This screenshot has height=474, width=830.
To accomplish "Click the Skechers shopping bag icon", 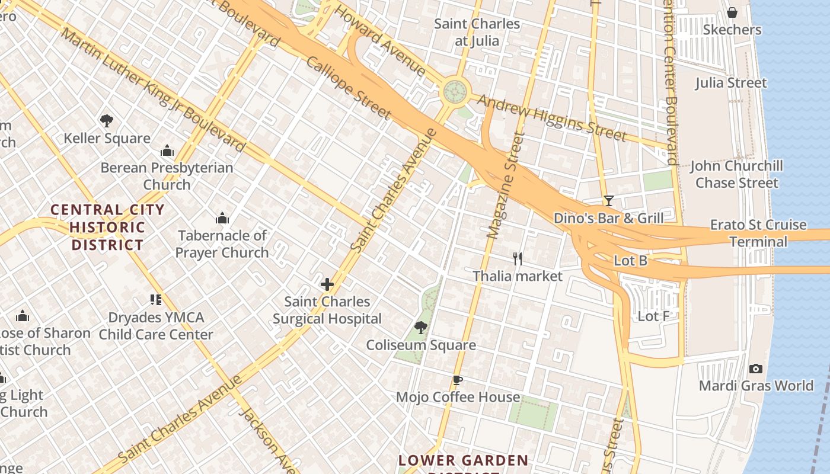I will click(732, 12).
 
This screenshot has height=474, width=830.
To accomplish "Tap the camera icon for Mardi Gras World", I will click(755, 369).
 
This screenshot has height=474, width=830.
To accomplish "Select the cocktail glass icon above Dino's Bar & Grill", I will click(608, 201).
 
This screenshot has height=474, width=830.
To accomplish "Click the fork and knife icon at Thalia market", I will click(518, 258).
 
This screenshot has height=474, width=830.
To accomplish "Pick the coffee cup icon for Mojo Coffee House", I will click(457, 380).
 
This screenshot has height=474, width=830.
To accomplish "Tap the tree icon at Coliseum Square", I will click(421, 327).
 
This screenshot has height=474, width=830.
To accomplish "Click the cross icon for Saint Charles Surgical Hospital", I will click(327, 284).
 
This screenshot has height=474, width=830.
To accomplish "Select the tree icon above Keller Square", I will click(107, 121).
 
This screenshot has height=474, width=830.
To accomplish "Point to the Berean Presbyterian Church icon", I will click(167, 150).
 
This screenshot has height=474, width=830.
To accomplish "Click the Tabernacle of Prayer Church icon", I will click(222, 218).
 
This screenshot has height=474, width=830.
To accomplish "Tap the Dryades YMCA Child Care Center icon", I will click(156, 300).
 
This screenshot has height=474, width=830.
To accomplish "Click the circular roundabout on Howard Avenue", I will click(455, 91).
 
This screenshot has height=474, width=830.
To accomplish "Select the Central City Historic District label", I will click(107, 227).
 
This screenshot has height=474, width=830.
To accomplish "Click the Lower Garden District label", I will click(463, 461).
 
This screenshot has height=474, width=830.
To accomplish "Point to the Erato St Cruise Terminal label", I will click(758, 233).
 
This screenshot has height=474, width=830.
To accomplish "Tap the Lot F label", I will click(653, 316).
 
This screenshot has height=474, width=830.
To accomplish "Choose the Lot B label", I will click(630, 261).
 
